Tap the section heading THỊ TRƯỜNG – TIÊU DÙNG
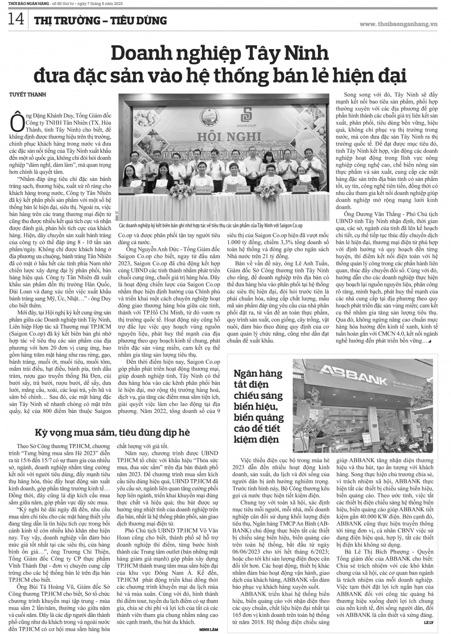[x=100, y=20]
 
